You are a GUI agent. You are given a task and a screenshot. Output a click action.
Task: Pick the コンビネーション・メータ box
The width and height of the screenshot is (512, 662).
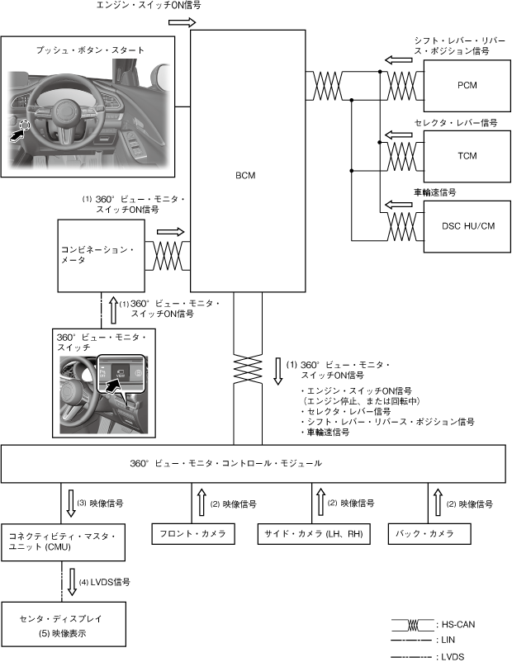101,255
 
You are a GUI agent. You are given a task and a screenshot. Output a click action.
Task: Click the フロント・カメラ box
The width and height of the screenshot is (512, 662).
192,534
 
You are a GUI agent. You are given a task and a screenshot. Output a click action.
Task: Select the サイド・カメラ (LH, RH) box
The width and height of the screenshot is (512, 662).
315,534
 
